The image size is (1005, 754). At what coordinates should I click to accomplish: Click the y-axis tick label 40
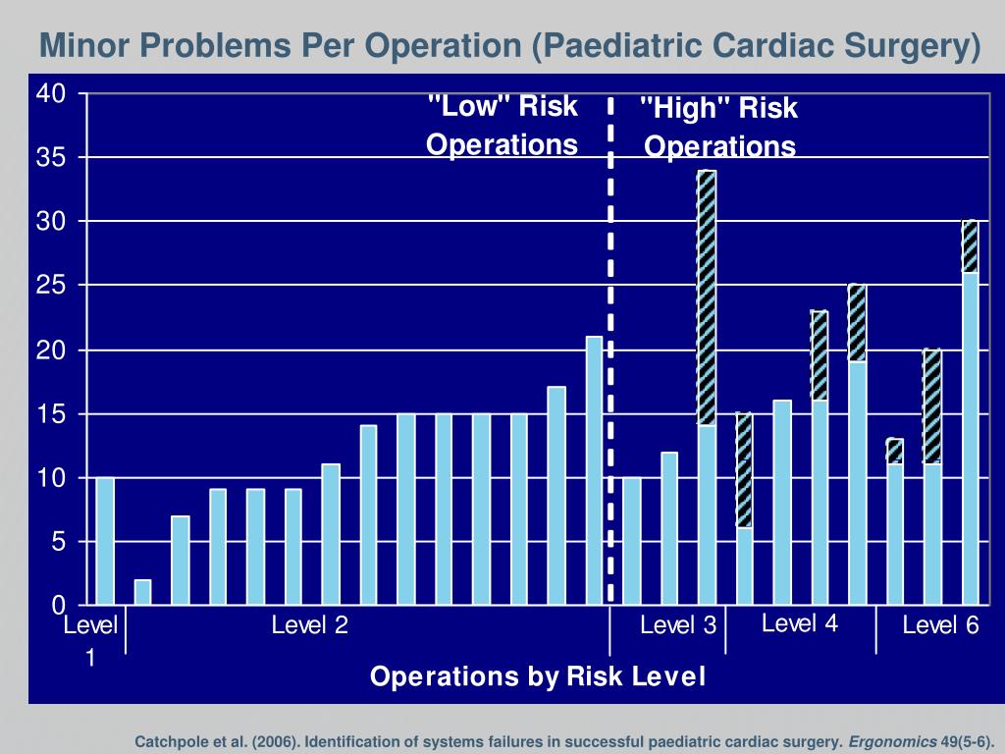[51, 94]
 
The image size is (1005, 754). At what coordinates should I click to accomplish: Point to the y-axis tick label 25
[51, 286]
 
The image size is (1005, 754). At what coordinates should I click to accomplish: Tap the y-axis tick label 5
[58, 542]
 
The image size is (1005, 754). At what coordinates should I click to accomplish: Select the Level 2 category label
[310, 625]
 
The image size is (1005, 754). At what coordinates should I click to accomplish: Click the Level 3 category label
[678, 626]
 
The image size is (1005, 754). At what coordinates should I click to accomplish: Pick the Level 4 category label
[800, 623]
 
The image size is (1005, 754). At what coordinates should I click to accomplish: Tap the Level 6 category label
[941, 626]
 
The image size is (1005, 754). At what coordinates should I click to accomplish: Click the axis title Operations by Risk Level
[537, 677]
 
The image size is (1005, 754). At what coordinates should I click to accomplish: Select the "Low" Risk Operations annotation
[502, 126]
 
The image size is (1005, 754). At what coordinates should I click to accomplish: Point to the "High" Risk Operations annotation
[719, 128]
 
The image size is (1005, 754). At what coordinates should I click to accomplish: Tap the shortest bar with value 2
[142, 592]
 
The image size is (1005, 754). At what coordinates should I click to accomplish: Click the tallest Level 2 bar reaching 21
[594, 470]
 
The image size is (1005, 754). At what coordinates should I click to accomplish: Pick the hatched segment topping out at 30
[970, 246]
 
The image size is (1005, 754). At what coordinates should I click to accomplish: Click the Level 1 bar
[105, 541]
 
